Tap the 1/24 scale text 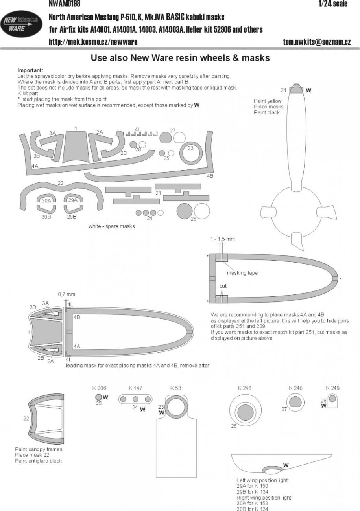[333, 4]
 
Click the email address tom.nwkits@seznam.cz [317, 42]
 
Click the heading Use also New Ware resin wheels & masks [180, 58]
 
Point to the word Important [30, 70]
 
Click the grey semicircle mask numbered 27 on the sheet [166, 138]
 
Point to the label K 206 [99, 388]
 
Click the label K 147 [135, 388]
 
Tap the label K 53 [175, 388]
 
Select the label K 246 [244, 388]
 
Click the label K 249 [332, 388]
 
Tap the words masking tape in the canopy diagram [242, 273]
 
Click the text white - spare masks [111, 226]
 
